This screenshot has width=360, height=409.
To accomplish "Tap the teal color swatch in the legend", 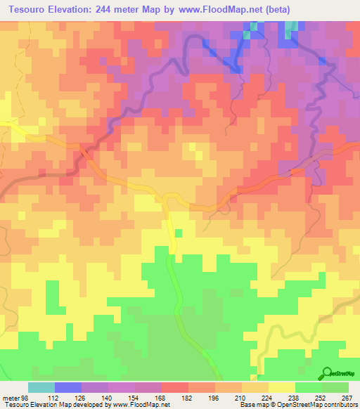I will (x=41, y=387).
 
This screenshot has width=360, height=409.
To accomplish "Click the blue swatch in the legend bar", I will (x=68, y=387).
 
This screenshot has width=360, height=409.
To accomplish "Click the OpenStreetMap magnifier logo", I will (x=328, y=373).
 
